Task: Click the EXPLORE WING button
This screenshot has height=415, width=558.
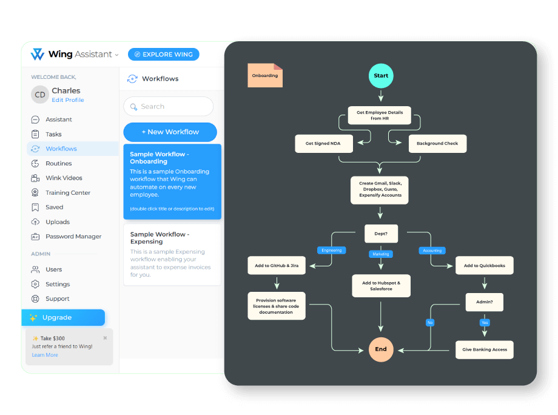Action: (164, 55)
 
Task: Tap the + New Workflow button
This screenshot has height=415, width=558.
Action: (170, 132)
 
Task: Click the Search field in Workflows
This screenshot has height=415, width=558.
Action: (169, 106)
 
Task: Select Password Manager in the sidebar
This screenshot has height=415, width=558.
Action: (73, 237)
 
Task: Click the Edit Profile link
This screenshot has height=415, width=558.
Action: (68, 100)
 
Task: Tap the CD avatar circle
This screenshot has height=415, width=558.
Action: (40, 95)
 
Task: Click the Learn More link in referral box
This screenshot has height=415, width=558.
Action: (45, 355)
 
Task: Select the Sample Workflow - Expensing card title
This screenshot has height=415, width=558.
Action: (160, 238)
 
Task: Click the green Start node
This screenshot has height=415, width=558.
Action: (381, 76)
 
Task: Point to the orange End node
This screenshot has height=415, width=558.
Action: (381, 349)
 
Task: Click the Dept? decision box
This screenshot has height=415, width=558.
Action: (380, 233)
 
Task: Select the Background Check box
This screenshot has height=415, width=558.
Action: (437, 144)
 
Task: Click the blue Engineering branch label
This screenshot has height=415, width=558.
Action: (332, 250)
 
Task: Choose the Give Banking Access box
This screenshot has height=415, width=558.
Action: (484, 349)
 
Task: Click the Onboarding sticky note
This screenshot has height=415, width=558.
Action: (265, 76)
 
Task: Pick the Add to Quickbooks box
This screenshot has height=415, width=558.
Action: (484, 266)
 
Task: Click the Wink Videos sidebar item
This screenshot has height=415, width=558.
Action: (64, 178)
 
